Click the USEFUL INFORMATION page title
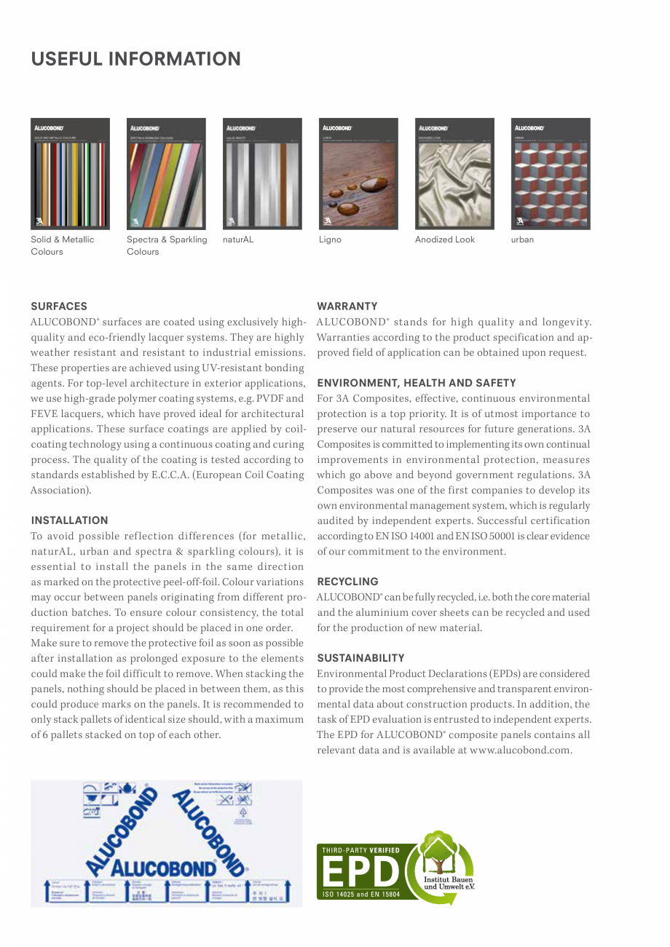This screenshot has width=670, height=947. tap(135, 59)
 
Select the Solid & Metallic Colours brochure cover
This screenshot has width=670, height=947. tap(70, 174)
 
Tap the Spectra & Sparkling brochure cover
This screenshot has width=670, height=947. tap(166, 174)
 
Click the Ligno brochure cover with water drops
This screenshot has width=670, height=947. tap(358, 174)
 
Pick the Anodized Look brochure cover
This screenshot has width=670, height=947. tap(454, 174)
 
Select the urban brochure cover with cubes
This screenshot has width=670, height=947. tap(551, 174)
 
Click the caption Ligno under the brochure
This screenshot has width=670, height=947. tap(330, 239)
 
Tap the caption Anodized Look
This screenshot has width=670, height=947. tap(444, 239)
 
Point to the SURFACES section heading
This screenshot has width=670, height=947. tap(59, 306)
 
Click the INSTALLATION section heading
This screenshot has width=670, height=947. tap(69, 520)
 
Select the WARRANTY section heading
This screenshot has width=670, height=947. tap(347, 306)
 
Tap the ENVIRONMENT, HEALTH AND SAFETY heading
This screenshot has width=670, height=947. tap(417, 383)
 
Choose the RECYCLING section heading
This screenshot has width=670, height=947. tap(347, 582)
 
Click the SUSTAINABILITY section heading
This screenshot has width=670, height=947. tap(360, 658)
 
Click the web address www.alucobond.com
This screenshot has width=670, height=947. tap(520, 750)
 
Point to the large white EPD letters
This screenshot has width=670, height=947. tap(360, 872)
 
